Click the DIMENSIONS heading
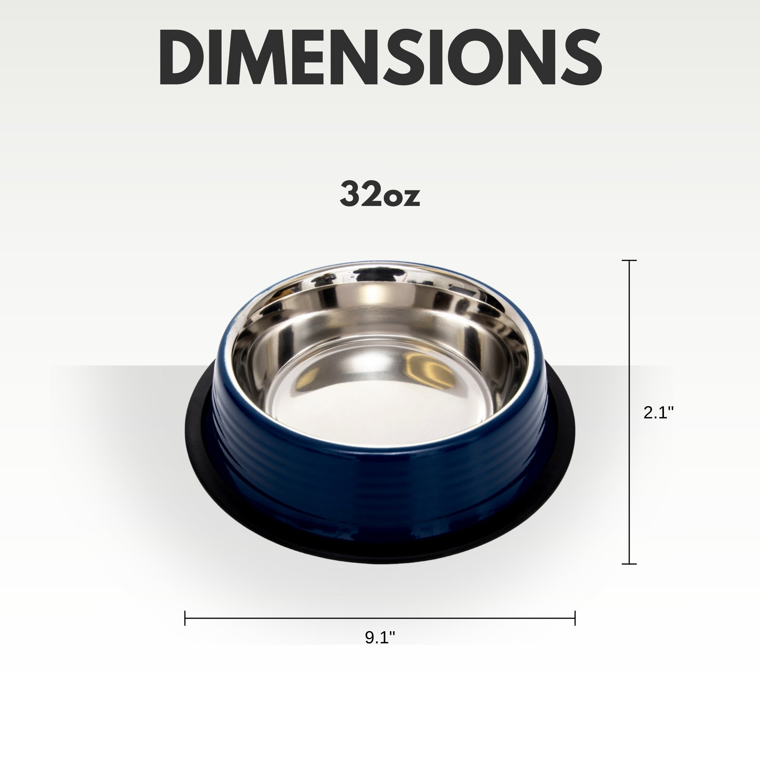tap(380, 57)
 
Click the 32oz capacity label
tap(380, 194)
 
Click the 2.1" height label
tap(659, 413)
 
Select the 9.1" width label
tap(380, 638)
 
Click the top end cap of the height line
tap(629, 260)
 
